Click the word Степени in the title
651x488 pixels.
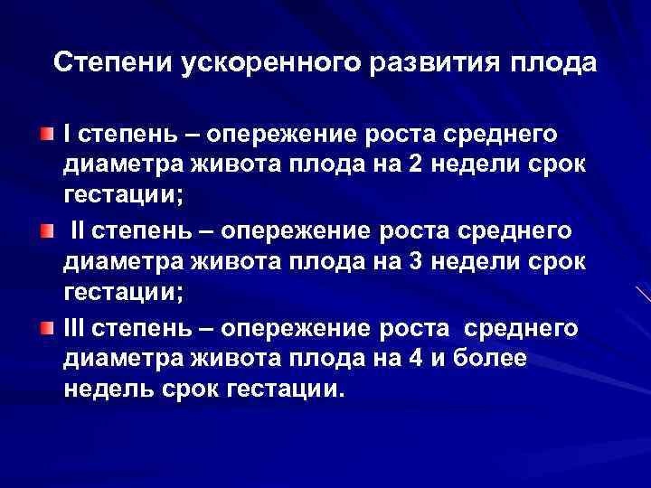[115, 63]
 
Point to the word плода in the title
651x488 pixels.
[553, 65]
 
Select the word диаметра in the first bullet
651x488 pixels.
[118, 165]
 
